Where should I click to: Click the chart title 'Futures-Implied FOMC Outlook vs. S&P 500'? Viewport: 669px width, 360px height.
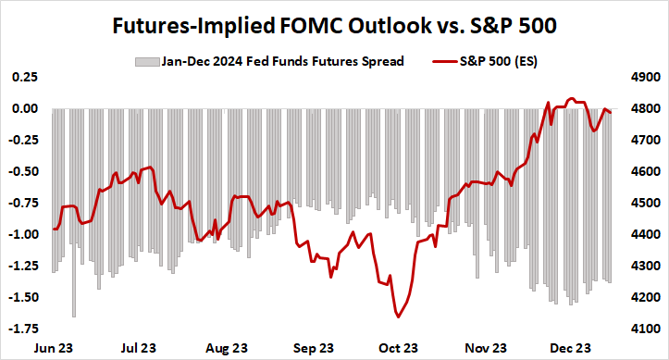(x=334, y=25)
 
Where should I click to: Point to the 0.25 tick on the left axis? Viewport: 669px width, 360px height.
(x=25, y=77)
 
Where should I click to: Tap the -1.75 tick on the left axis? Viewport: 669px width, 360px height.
(x=23, y=329)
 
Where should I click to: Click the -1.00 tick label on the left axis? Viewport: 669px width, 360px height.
(x=23, y=234)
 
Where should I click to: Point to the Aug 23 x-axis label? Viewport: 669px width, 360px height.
(x=227, y=348)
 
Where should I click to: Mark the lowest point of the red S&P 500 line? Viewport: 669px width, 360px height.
(x=399, y=317)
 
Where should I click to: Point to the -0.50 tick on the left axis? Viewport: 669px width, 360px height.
(x=23, y=171)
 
